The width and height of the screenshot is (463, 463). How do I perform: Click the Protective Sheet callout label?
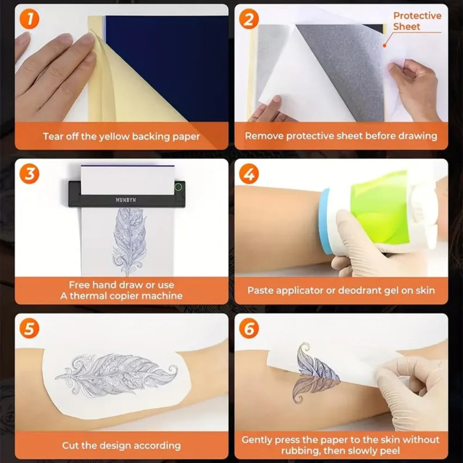417,21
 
